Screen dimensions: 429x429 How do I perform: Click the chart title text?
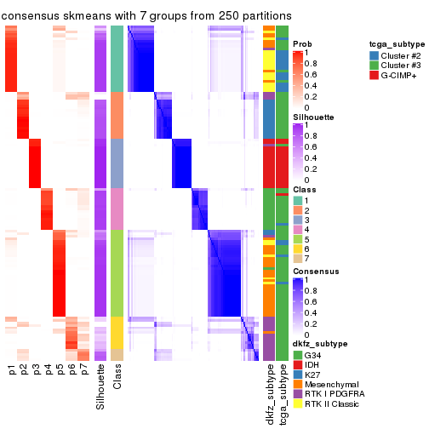(x=147, y=15)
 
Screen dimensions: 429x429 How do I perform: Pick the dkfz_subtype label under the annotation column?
(x=269, y=391)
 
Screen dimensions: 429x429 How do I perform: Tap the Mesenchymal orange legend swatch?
(x=297, y=385)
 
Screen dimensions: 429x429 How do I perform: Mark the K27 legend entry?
(x=312, y=375)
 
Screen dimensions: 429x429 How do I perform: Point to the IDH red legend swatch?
(x=297, y=364)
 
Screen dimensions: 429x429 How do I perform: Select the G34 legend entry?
(x=312, y=354)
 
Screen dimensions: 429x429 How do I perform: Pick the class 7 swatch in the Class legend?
(x=297, y=258)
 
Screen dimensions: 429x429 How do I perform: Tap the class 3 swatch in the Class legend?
(x=297, y=217)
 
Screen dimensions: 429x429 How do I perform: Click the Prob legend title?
(x=302, y=43)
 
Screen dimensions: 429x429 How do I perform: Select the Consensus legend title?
(x=315, y=271)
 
